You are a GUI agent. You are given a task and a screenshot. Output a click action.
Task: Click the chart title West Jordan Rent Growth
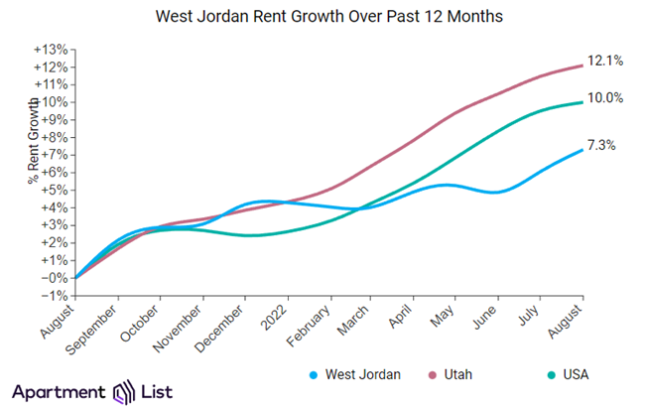pos(322,17)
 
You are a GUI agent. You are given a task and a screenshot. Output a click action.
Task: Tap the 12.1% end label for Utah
pos(604,61)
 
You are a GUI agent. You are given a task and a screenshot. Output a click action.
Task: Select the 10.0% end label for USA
pos(604,98)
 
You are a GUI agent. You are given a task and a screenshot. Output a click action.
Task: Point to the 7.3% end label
pos(600,145)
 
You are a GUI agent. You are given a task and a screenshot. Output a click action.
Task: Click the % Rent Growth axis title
pos(33,139)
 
